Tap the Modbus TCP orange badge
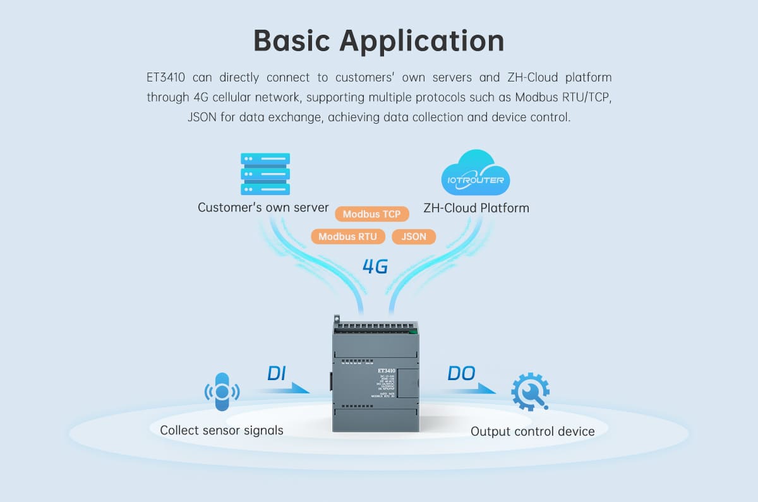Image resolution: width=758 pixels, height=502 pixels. [x=371, y=214]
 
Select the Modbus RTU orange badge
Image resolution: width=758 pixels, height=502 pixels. [x=347, y=237]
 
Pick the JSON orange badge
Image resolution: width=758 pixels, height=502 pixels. [x=414, y=237]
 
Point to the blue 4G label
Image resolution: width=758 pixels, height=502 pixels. [x=375, y=266]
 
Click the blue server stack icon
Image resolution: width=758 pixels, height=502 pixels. [x=265, y=174]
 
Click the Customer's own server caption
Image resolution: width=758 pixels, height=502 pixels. [x=263, y=207]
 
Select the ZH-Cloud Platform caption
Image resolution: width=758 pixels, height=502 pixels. [x=476, y=207]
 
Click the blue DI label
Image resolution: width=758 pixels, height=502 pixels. [x=277, y=373]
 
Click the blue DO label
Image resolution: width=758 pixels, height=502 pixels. [x=461, y=373]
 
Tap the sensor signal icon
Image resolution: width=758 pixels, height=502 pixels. [x=222, y=392]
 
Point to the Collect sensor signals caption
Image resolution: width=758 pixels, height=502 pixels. [x=222, y=430]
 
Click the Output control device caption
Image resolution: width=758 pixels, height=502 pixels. [x=532, y=431]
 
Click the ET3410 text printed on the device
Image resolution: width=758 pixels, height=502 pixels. [x=387, y=371]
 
